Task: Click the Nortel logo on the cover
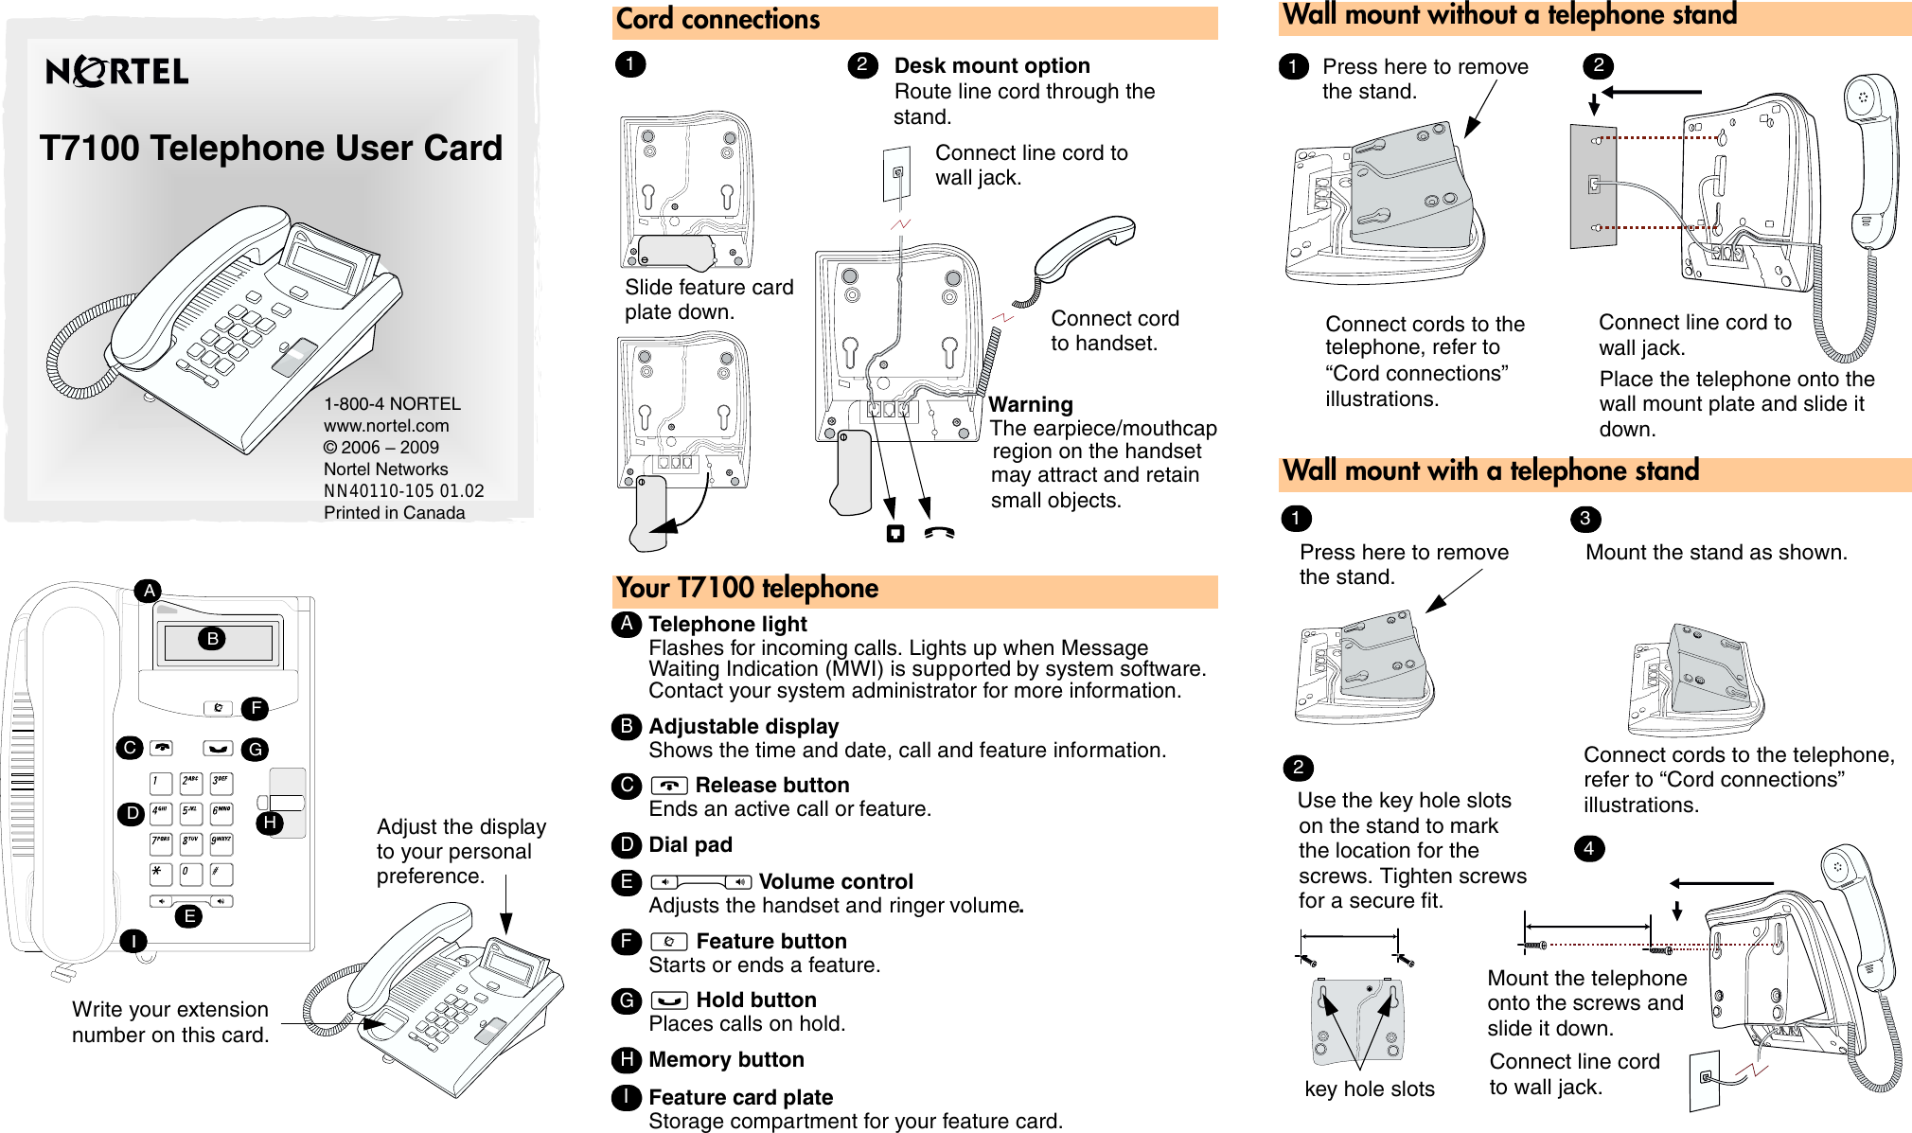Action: tap(116, 71)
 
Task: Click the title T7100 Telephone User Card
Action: tap(271, 148)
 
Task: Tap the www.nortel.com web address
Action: tap(386, 426)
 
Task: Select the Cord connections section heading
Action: tap(717, 20)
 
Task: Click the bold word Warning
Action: tap(1031, 405)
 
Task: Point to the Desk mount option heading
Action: tap(992, 65)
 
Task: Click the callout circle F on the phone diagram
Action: tap(256, 708)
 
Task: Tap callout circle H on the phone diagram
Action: tap(271, 823)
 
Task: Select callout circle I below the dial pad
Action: tap(133, 941)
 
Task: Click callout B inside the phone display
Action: tap(213, 639)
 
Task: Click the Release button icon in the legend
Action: tap(669, 786)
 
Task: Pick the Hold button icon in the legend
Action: tap(669, 1000)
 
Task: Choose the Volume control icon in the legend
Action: tap(701, 882)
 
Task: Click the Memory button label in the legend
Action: tap(726, 1060)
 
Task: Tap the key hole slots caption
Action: tap(1370, 1089)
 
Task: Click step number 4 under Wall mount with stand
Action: tap(1589, 848)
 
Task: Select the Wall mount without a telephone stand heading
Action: tap(1510, 16)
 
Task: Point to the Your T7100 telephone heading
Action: tap(747, 589)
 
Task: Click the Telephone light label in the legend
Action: tap(727, 625)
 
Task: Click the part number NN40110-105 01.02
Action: tap(404, 491)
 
